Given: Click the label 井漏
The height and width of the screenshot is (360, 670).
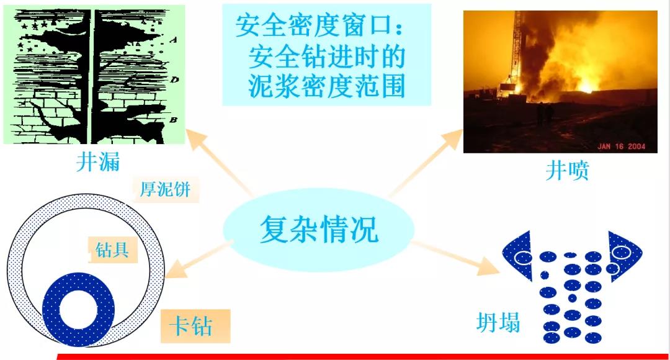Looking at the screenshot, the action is click(x=98, y=162).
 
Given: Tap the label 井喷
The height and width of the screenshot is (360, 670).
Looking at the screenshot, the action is click(x=567, y=170).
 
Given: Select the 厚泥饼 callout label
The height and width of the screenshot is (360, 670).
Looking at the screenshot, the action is click(x=166, y=189).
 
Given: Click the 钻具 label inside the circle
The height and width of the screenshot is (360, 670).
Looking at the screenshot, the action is click(x=112, y=250).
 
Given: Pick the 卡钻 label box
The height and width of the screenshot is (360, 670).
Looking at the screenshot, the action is click(x=195, y=326).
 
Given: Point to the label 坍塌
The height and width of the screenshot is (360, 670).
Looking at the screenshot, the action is click(x=498, y=322).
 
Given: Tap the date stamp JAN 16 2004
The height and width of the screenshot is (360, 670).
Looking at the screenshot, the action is click(x=621, y=146).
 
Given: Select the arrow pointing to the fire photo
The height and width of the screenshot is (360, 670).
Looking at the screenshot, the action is click(x=425, y=163).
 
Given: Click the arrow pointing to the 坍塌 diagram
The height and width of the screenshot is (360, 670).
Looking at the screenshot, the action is click(x=455, y=258).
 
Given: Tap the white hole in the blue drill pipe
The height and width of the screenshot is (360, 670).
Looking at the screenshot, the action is click(x=79, y=310).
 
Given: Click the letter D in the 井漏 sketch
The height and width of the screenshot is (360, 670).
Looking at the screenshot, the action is click(x=174, y=80).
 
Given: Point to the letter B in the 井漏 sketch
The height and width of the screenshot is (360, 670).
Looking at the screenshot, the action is click(x=173, y=120).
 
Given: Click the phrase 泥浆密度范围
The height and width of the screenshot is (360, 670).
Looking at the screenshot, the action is click(x=326, y=87).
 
